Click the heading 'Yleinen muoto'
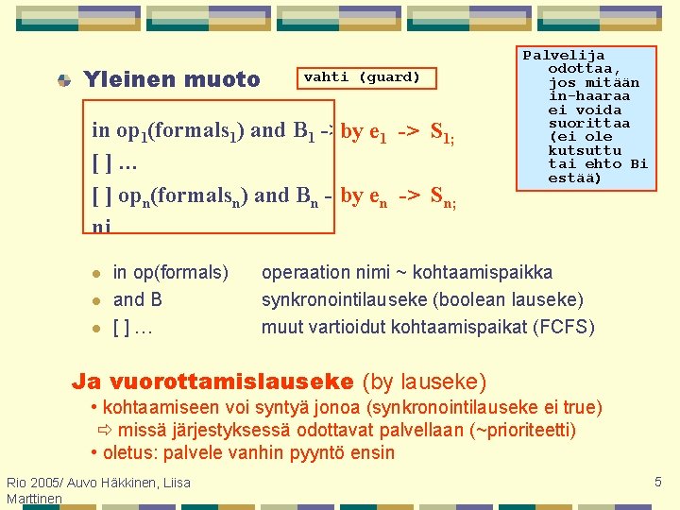pyautogui.click(x=172, y=80)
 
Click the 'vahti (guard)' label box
pyautogui.click(x=362, y=77)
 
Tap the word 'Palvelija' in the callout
pyautogui.click(x=564, y=56)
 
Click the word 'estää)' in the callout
pyautogui.click(x=574, y=177)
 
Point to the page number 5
pyautogui.click(x=658, y=483)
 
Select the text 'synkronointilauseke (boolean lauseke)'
pyautogui.click(x=422, y=300)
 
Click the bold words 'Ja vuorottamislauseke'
pyautogui.click(x=212, y=382)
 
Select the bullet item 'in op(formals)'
pyautogui.click(x=170, y=273)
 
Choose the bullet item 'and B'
pyautogui.click(x=138, y=300)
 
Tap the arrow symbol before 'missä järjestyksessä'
pyautogui.click(x=104, y=431)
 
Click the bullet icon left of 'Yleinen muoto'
pyautogui.click(x=63, y=81)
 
